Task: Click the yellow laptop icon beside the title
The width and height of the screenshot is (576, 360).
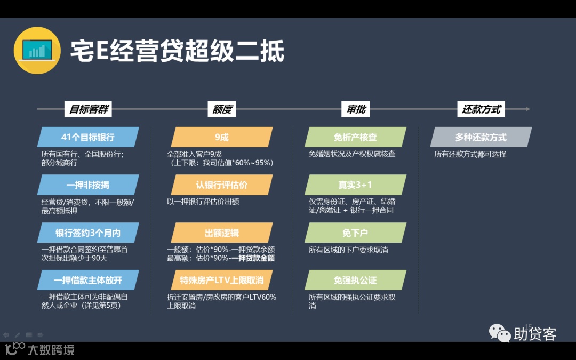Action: click(37, 50)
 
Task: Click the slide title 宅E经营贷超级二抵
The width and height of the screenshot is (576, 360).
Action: click(177, 51)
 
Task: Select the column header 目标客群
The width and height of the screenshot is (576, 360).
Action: click(89, 109)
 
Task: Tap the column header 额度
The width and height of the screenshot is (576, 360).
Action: click(222, 109)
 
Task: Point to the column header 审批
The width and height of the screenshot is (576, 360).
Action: click(356, 109)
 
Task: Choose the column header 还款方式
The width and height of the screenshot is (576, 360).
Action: click(481, 109)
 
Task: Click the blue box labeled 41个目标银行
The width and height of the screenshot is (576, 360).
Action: click(88, 137)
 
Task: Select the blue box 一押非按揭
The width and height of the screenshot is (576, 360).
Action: click(88, 185)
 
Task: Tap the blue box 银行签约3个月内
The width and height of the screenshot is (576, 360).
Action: click(88, 233)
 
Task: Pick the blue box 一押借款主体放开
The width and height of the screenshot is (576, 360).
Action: click(88, 280)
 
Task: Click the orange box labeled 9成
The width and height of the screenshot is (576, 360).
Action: click(222, 137)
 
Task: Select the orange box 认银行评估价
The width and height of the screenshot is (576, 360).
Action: click(222, 185)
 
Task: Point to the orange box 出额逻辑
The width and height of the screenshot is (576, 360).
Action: click(222, 233)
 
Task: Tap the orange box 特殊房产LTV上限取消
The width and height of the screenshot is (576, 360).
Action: click(222, 280)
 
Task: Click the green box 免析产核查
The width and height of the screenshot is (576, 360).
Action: click(355, 137)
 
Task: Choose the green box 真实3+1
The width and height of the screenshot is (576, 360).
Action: click(355, 185)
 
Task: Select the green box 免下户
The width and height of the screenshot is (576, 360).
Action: click(355, 233)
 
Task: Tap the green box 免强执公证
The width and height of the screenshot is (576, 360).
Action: click(355, 280)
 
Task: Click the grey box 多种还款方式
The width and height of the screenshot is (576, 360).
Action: click(481, 137)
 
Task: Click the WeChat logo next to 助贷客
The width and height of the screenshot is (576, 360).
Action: click(500, 333)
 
